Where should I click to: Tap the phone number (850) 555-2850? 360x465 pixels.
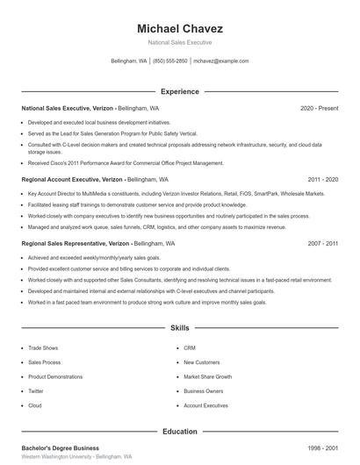pyautogui.click(x=170, y=61)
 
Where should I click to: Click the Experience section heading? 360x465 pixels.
pyautogui.click(x=179, y=91)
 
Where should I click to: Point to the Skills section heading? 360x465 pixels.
pyautogui.click(x=179, y=327)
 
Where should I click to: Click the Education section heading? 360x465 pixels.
pyautogui.click(x=179, y=431)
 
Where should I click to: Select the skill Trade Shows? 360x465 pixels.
pyautogui.click(x=43, y=347)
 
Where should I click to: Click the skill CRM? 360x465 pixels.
pyautogui.click(x=189, y=347)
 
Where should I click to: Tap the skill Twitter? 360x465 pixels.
pyautogui.click(x=36, y=391)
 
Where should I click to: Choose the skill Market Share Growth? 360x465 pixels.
pyautogui.click(x=207, y=376)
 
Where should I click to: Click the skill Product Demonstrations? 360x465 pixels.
pyautogui.click(x=54, y=376)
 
